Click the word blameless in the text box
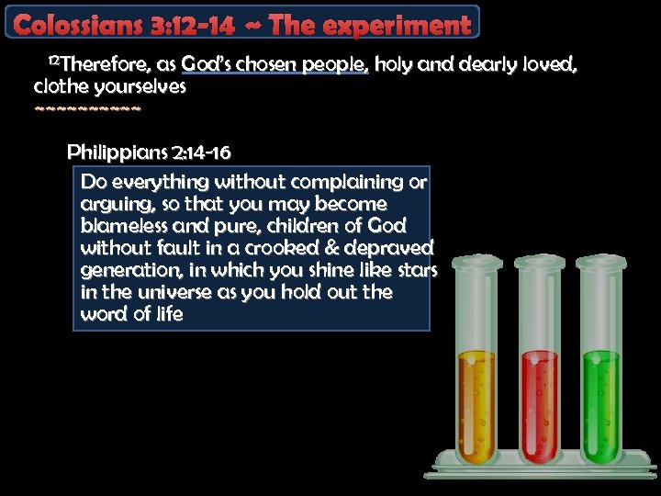click(122, 225)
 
